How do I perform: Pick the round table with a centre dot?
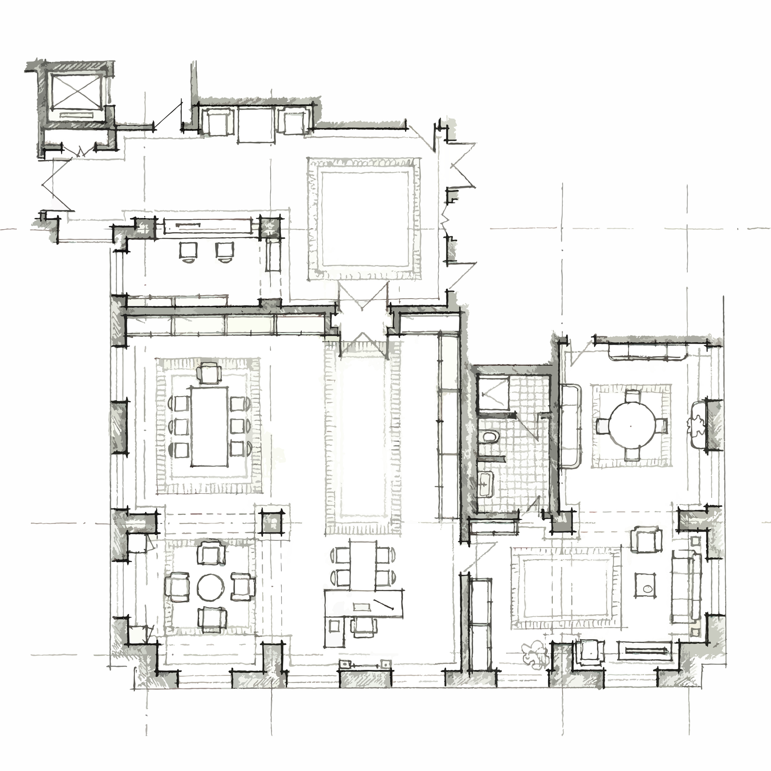631,426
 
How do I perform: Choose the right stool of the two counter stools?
225,251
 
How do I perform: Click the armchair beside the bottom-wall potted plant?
591,652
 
